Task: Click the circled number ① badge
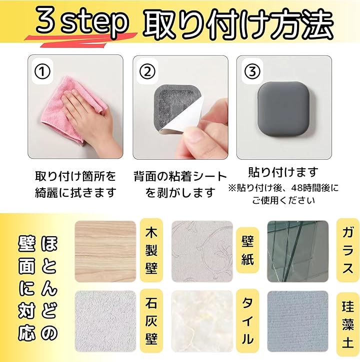click(42, 71)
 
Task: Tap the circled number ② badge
click(147, 71)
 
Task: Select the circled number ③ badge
click(252, 71)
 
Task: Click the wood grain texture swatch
click(105, 251)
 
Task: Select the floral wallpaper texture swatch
click(202, 251)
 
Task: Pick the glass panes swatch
click(298, 251)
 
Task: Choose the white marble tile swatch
click(202, 321)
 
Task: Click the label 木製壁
click(151, 251)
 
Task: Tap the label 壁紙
click(247, 250)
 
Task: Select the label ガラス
click(347, 250)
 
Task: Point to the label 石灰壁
click(151, 322)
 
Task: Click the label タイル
click(247, 321)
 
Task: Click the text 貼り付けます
click(283, 172)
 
